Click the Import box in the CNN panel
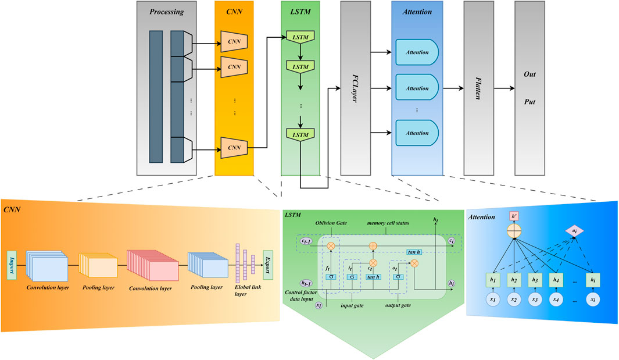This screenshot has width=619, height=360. [x=12, y=265]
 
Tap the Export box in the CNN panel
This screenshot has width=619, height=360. [x=268, y=265]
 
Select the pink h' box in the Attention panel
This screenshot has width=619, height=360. [x=514, y=216]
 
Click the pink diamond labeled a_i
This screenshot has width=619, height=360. [x=574, y=231]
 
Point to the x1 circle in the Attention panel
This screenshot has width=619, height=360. [x=493, y=299]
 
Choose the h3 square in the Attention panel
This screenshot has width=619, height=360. [x=535, y=280]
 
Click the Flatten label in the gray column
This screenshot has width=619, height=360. [x=478, y=88]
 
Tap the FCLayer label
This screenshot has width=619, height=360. [x=355, y=88]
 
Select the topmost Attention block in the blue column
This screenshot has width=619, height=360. [x=417, y=52]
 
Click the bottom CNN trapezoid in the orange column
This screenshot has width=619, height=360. [x=234, y=148]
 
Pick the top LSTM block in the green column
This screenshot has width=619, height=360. [x=300, y=37]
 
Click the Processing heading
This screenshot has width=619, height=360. [x=167, y=12]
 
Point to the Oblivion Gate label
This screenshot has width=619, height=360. [x=331, y=223]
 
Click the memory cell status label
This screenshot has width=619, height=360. [x=388, y=223]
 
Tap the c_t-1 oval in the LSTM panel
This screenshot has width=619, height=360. [x=306, y=241]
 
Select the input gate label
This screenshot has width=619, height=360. [x=352, y=305]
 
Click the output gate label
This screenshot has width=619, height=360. [x=398, y=305]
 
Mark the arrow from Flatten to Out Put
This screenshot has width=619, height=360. [x=504, y=88]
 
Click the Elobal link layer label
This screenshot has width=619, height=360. [x=248, y=290]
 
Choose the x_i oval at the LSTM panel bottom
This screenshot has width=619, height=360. [x=319, y=305]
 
